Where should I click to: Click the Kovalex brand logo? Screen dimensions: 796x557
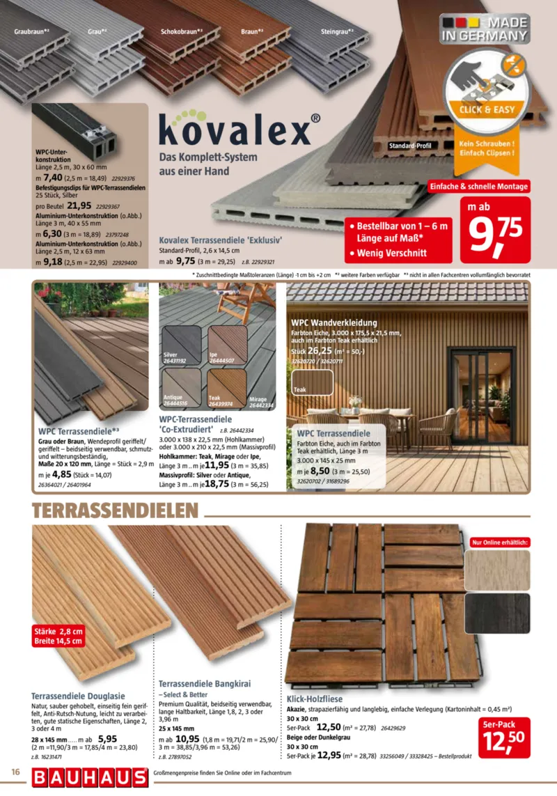[234, 130]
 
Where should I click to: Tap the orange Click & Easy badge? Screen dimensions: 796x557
[486, 109]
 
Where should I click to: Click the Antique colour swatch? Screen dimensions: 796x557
[181, 388]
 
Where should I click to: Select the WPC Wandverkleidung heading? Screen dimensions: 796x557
[334, 323]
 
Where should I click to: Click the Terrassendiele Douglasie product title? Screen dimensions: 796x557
[78, 695]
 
